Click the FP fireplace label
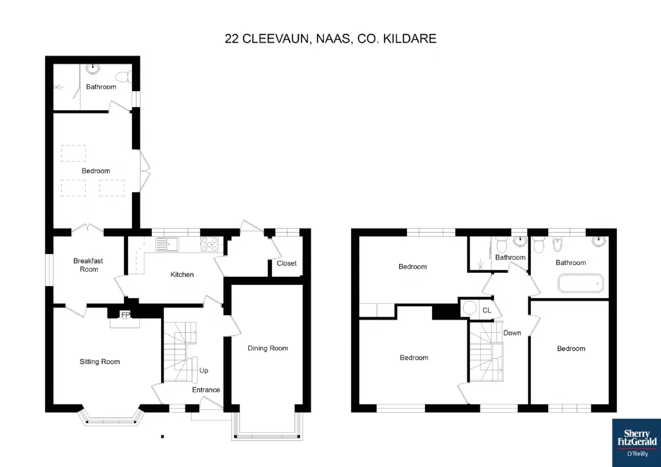coord(125,315)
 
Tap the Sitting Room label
coord(100,362)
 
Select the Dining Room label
coord(267,348)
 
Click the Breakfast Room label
coord(88,265)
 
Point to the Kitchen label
coord(182,274)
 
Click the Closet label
coord(287,263)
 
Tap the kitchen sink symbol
coord(167,244)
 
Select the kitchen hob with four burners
coord(210,244)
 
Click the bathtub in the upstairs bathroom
coord(580,284)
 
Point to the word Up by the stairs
coord(203,370)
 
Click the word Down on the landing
coord(512,333)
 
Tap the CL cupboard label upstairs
coord(486,310)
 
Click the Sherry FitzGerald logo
coord(637,443)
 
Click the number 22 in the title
coord(231,39)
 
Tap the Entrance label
coord(206,390)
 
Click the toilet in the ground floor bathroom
coord(123,77)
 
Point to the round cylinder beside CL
coord(469,308)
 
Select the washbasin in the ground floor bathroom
coord(93,69)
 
